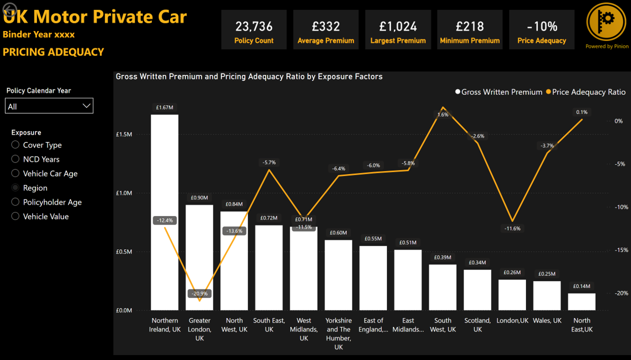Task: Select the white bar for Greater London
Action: tap(199, 250)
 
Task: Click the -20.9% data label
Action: tap(199, 293)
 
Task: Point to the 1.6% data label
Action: tap(442, 114)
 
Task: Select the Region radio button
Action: tap(15, 188)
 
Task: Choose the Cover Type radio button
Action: tap(15, 145)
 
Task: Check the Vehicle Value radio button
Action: tap(15, 216)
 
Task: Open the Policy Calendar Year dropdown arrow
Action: tap(86, 106)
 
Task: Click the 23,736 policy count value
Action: tap(253, 26)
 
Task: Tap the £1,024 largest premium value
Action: tap(397, 26)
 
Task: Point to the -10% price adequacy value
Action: tap(541, 26)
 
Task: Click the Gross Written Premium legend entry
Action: tap(498, 92)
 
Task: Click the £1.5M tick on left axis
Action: tap(123, 134)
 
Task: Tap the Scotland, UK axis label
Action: tap(477, 325)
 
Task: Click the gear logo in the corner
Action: tap(606, 22)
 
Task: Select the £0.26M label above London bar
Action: tap(512, 272)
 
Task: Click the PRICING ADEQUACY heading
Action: tap(53, 52)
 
